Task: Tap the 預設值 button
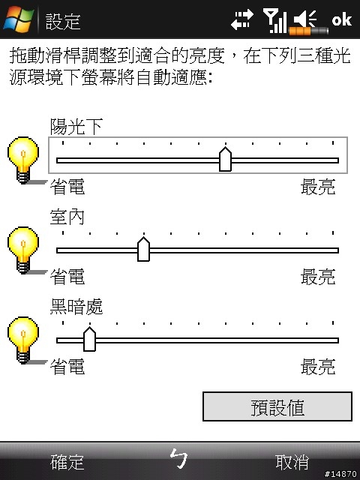tap(277, 406)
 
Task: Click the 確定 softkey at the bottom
tap(67, 462)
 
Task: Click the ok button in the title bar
tap(342, 19)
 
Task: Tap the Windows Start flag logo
tap(18, 19)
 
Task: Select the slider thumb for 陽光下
tap(225, 159)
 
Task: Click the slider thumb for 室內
tap(143, 249)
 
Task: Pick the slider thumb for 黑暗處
tap(89, 339)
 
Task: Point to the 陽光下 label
tap(76, 127)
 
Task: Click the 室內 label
tap(67, 217)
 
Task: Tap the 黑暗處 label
tap(76, 307)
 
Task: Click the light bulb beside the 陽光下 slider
tap(23, 160)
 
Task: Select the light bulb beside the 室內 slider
tap(23, 250)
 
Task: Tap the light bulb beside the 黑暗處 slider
tap(23, 340)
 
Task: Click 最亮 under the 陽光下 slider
tap(318, 187)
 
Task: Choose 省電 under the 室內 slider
tap(67, 277)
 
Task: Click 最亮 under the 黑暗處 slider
tap(318, 367)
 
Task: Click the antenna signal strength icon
tap(275, 20)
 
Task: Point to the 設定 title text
tap(63, 22)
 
